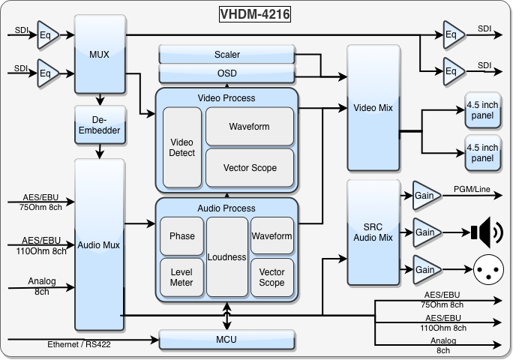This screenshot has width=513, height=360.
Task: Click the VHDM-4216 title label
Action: [255, 13]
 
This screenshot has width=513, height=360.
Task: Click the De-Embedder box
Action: [99, 125]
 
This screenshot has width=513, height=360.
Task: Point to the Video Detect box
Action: [182, 147]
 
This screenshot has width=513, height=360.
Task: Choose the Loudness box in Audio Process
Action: [227, 256]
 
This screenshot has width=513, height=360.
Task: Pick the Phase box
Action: [181, 235]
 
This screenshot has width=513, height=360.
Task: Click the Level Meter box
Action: [181, 277]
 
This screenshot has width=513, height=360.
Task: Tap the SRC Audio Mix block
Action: [373, 232]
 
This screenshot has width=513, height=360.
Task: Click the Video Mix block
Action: [373, 108]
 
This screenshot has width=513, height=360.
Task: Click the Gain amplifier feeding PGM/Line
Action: [425, 196]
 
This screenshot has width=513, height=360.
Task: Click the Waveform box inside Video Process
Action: [249, 127]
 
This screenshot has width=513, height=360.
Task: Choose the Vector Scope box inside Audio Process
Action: [271, 277]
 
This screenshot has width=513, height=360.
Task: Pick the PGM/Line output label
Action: [472, 190]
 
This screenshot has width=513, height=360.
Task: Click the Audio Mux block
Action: [99, 244]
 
